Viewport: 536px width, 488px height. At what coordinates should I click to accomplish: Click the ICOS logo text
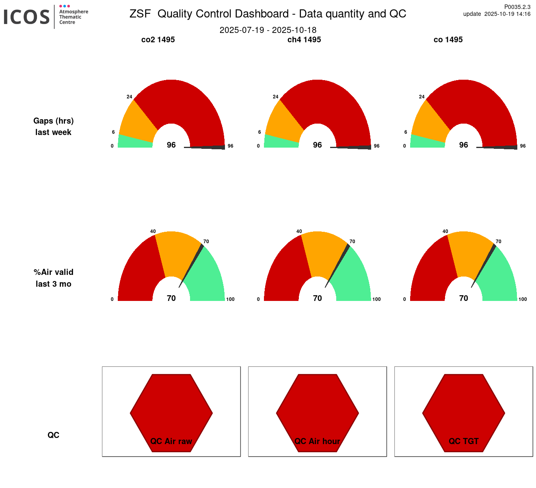coord(27,17)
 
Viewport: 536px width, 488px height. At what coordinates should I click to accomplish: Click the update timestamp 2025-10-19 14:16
coord(507,14)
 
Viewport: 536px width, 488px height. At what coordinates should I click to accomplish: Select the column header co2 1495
coord(158,39)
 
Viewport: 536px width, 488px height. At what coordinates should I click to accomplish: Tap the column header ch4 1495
coord(304,39)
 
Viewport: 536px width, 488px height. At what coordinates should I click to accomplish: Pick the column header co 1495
coord(448,39)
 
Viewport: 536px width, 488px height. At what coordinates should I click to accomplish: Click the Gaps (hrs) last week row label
coord(54,126)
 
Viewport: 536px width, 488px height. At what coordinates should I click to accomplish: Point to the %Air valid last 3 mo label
coord(54,278)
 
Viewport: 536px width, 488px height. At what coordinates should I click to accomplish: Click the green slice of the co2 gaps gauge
coord(134,142)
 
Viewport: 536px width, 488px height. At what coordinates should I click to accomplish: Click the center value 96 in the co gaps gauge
coord(464,145)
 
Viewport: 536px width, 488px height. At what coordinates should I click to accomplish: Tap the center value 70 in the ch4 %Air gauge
coord(318,298)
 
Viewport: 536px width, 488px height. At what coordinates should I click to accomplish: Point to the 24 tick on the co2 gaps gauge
coord(130,97)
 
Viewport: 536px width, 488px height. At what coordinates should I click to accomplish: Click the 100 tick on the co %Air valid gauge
coord(523,299)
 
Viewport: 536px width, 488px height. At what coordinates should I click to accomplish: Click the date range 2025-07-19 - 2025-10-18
coord(268,30)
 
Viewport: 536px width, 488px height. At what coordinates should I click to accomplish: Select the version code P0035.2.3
coord(517,7)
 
